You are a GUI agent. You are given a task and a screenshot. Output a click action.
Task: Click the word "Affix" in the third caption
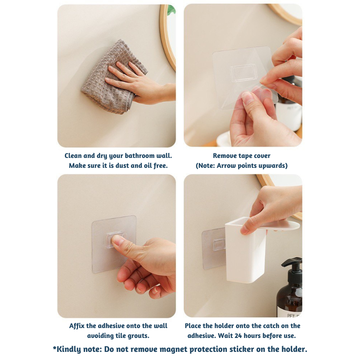pos(77,326)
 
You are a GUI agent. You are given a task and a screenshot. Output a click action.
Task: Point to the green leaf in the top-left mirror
pos(172,9)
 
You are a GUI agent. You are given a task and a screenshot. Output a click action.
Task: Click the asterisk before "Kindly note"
pos(54,348)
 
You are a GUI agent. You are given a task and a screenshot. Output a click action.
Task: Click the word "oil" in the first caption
pos(148,166)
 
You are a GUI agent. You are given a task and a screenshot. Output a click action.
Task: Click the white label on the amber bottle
pos(290,312)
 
